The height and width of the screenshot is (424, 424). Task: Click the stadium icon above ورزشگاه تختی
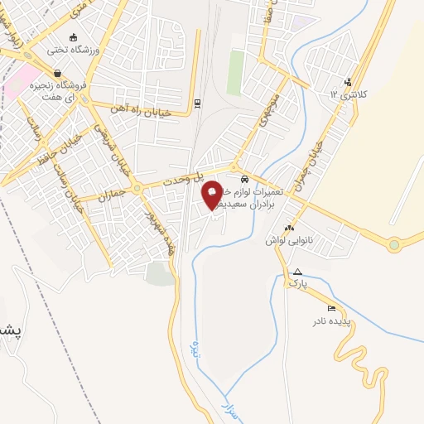75,36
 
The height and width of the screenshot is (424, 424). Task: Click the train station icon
197,104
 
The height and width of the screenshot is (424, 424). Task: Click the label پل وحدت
181,178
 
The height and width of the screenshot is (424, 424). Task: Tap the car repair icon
243,179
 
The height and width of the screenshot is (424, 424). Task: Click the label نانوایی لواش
281,239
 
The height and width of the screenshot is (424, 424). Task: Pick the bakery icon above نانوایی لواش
288,228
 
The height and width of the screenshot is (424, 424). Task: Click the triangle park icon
297,271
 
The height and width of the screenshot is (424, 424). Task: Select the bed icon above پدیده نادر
332,308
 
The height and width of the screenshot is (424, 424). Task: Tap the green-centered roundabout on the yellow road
394,244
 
